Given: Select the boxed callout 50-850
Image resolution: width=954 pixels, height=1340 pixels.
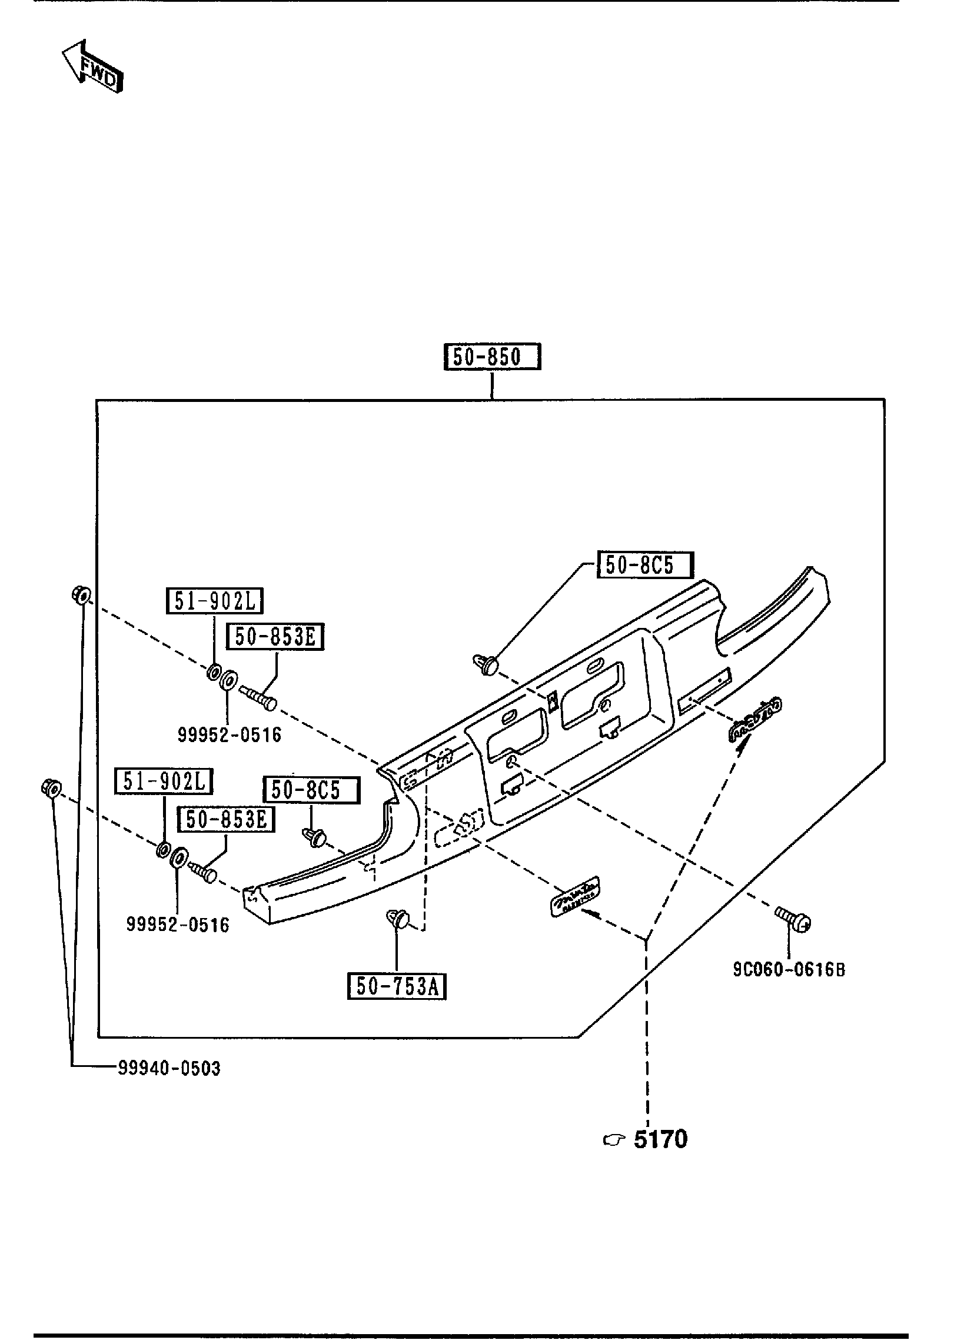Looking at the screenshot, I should (492, 357).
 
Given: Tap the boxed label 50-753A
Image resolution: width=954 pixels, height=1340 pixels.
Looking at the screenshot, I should (397, 986).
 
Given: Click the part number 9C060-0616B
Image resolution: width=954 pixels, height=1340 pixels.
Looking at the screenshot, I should (789, 969).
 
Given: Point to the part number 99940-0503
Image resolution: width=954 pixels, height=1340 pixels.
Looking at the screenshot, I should (169, 1068).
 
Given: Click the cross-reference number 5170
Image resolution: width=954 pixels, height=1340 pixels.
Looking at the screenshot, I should (660, 1140).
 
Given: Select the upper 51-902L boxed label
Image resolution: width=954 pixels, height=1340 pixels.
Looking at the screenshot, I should (214, 601).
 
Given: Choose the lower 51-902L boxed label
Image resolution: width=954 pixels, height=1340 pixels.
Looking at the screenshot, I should (164, 781).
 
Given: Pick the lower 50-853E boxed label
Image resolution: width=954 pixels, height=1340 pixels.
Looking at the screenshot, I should (227, 819).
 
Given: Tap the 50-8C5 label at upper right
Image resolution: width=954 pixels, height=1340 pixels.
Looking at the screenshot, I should (646, 566).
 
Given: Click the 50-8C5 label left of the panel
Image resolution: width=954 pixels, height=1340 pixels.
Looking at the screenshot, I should (312, 790).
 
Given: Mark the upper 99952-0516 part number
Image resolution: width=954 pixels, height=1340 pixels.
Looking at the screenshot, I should (230, 734).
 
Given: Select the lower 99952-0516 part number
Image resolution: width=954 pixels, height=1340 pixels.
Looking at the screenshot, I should (178, 924).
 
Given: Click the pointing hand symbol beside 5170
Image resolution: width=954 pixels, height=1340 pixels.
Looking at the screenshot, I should (613, 1141).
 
